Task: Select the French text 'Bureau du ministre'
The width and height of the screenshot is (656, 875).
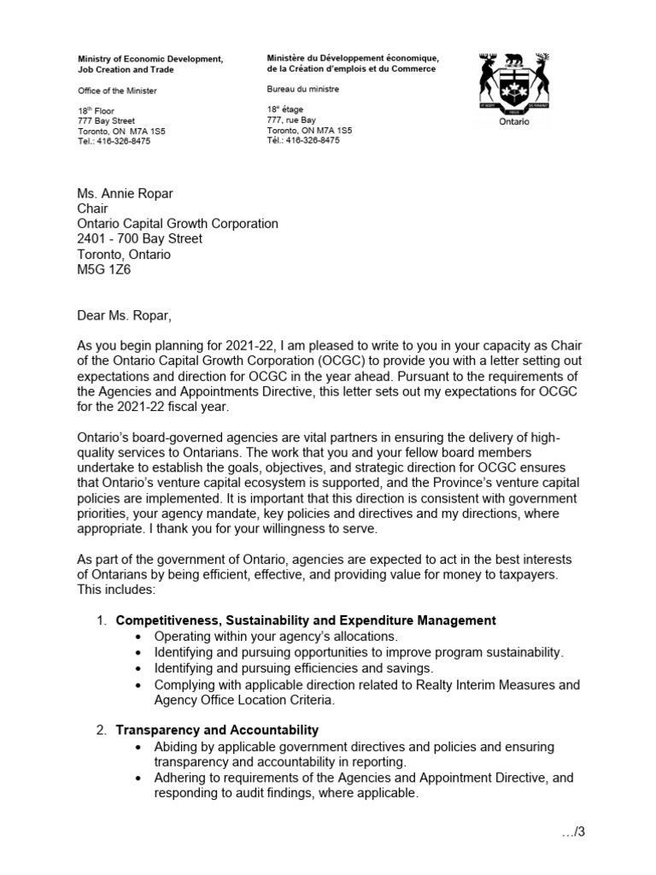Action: pos(302,88)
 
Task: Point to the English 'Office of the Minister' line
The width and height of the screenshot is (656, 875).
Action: pos(117,91)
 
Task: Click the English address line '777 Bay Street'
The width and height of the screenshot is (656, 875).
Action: pos(105,121)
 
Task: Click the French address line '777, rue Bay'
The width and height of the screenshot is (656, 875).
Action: pos(291,120)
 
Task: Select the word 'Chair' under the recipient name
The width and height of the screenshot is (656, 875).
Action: pos(93,208)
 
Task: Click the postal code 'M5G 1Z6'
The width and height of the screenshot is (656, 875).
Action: pos(104,270)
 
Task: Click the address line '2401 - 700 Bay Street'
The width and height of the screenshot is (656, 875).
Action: pos(140,238)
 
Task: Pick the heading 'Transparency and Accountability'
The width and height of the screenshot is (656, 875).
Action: pos(217,730)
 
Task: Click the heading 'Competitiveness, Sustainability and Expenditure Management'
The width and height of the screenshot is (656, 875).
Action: pos(306,620)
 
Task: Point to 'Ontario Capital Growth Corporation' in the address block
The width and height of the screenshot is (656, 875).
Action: pos(178,223)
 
